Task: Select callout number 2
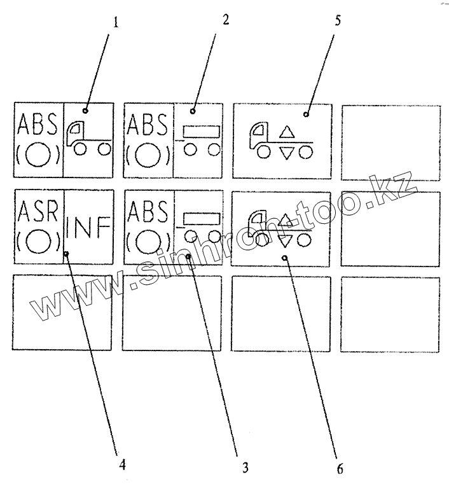click(226, 19)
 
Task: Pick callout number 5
click(337, 20)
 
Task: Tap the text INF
click(88, 227)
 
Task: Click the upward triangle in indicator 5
click(287, 132)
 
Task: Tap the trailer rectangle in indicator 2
click(202, 131)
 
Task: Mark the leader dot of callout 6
click(285, 258)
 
